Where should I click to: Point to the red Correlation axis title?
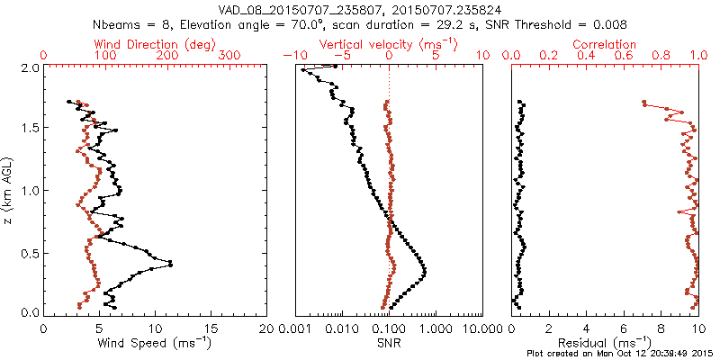point(605,44)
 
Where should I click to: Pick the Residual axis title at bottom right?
point(605,342)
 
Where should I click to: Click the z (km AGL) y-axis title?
point(8,190)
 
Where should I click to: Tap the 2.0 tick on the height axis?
point(29,67)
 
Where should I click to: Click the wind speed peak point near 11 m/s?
point(170,264)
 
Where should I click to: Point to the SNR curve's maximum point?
point(424,271)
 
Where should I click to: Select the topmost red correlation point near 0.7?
point(643,103)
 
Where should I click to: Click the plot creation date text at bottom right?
point(620,354)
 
